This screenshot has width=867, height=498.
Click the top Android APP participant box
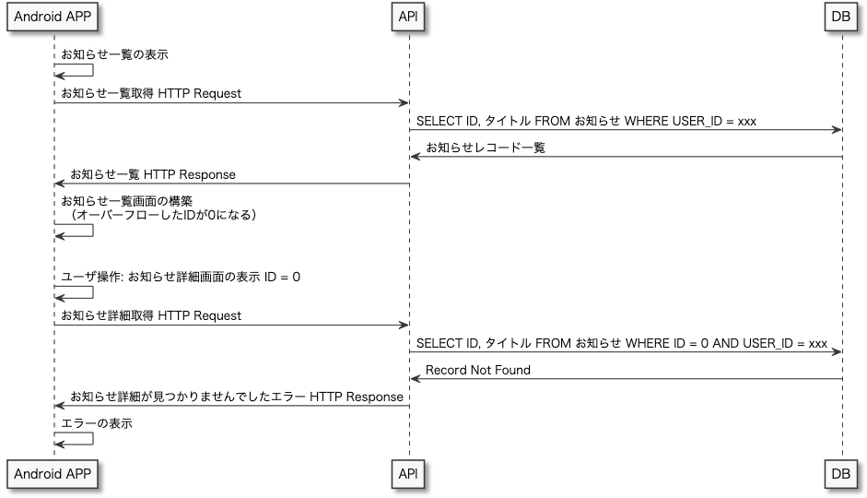coord(53,17)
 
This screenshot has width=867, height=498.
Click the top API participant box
coord(409,17)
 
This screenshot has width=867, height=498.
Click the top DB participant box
coord(841,17)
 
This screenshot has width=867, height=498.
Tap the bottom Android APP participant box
coord(53,472)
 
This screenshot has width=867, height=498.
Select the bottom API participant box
coord(409,472)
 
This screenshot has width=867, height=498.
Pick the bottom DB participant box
coord(841,472)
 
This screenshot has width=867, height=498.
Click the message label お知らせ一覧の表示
coord(114,55)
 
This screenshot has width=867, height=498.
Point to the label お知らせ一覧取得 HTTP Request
coord(151,93)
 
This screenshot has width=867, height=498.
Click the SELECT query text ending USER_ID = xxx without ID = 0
coord(586,121)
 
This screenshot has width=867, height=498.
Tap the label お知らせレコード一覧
coord(485,148)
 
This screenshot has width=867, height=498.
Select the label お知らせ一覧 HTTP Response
coord(152,174)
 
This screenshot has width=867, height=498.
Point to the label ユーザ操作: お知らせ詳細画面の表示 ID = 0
coord(180,276)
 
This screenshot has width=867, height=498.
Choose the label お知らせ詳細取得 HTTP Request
coord(151,315)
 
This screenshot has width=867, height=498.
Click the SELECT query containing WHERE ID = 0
coord(621,343)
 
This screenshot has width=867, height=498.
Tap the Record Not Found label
coord(477,370)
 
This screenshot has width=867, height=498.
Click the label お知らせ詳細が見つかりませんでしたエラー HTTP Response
coord(236,397)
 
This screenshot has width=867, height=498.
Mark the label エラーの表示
coord(97,423)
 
